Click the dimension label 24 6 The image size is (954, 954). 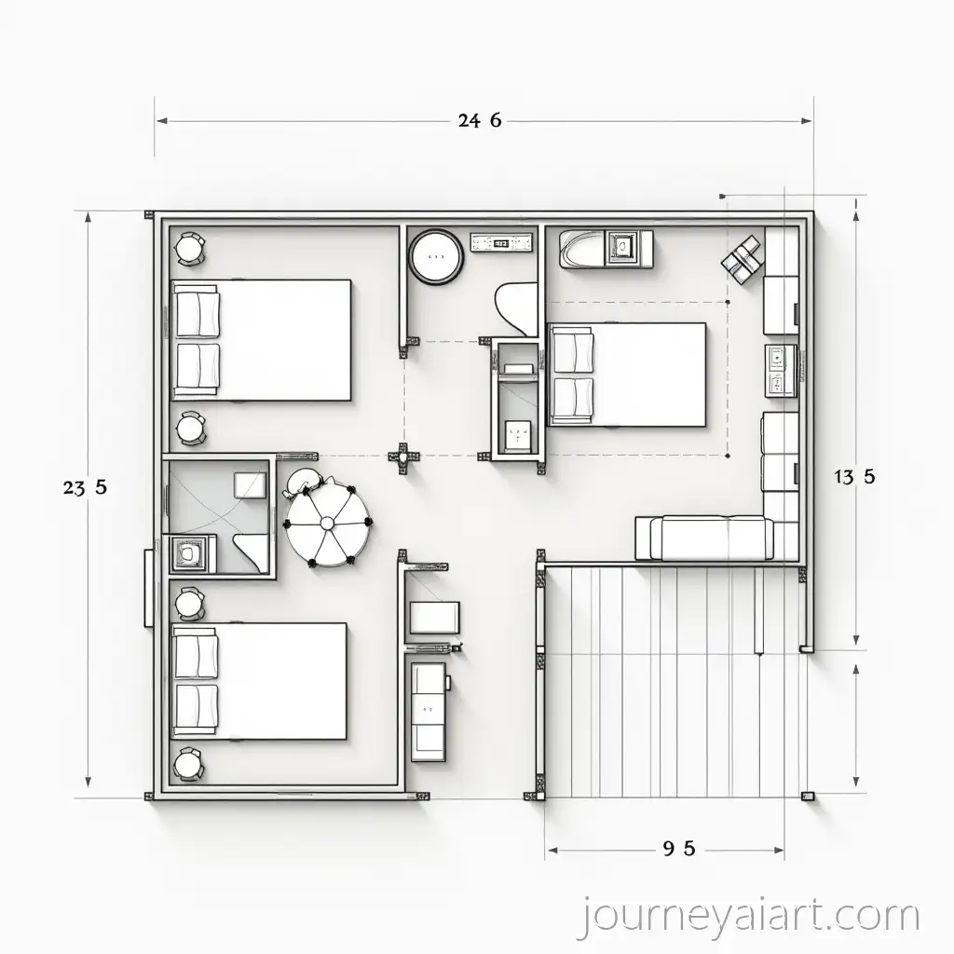pyautogui.click(x=481, y=120)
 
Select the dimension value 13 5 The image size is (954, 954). pyautogui.click(x=853, y=477)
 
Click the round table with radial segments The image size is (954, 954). pyautogui.click(x=329, y=525)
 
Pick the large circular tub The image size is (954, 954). pyautogui.click(x=435, y=254)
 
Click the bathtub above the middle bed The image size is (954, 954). pyautogui.click(x=582, y=250)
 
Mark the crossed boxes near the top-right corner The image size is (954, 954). pyautogui.click(x=742, y=258)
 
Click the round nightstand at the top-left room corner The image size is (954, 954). pyautogui.click(x=191, y=249)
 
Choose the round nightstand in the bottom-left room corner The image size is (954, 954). pyautogui.click(x=190, y=764)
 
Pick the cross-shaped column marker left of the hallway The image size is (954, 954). pyautogui.click(x=402, y=457)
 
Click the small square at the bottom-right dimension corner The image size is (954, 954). pyautogui.click(x=807, y=796)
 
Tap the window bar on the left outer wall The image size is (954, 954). pyautogui.click(x=149, y=589)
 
